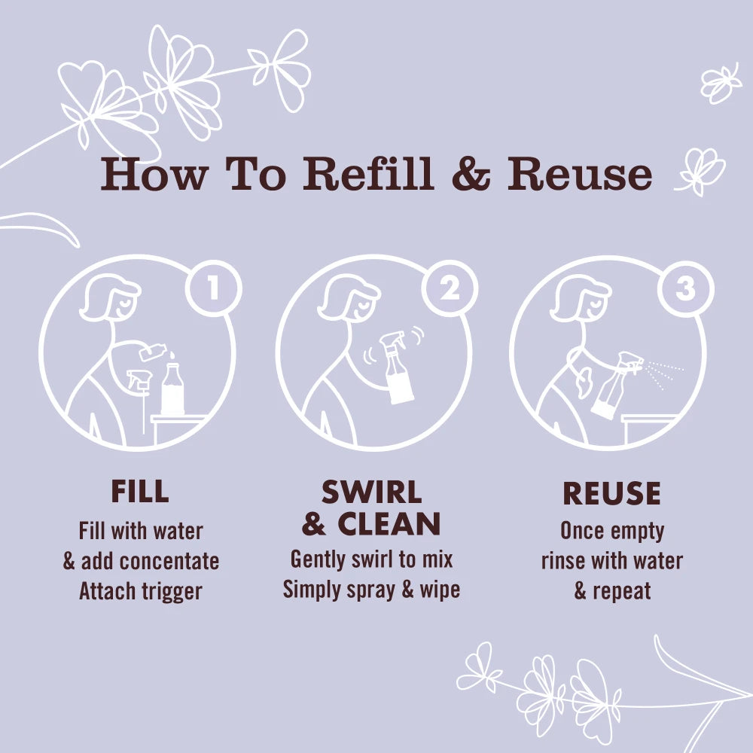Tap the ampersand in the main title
tap(471, 173)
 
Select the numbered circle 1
tap(214, 288)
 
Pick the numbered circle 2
tap(450, 288)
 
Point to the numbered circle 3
tap(686, 289)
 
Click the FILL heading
tap(140, 491)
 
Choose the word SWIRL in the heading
tap(371, 492)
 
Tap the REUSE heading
tap(611, 493)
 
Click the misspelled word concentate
tap(175, 562)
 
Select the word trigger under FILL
tap(172, 592)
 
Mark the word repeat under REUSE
tap(622, 592)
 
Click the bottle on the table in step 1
tap(172, 389)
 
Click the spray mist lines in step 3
tap(663, 375)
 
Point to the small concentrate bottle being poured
tap(153, 352)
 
